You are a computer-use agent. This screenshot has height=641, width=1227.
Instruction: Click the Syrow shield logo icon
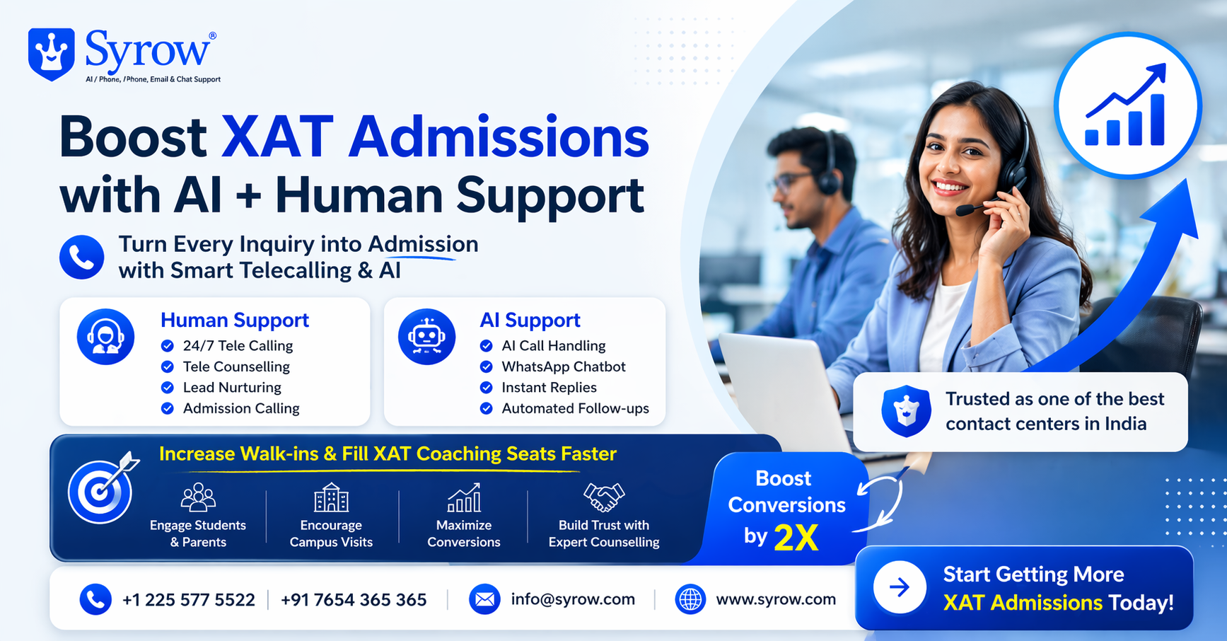[x=52, y=54]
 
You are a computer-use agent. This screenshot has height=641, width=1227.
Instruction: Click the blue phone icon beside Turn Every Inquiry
[x=82, y=258]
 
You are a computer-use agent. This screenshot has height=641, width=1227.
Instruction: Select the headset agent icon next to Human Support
[x=105, y=337]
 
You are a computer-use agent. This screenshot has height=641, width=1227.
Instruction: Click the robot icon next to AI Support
[x=426, y=337]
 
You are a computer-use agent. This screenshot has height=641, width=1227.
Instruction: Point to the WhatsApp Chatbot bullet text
[x=564, y=366]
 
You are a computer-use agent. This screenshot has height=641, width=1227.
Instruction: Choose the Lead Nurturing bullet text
[x=232, y=388]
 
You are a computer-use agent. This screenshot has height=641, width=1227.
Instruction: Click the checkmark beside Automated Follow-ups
[x=487, y=408]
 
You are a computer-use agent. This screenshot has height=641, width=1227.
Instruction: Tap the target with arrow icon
[x=103, y=488]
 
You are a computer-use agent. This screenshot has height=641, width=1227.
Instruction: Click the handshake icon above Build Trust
[x=604, y=497]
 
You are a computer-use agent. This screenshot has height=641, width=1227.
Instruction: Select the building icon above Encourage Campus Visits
[x=331, y=497]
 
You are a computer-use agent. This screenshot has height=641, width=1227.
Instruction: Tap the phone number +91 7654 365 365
[x=354, y=600]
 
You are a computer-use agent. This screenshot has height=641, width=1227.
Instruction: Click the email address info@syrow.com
[x=573, y=599]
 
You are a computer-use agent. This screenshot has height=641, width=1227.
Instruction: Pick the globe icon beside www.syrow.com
[x=690, y=599]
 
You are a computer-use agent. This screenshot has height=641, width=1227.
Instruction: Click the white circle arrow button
[x=900, y=587]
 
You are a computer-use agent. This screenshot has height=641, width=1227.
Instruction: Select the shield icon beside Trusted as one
[x=906, y=411]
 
